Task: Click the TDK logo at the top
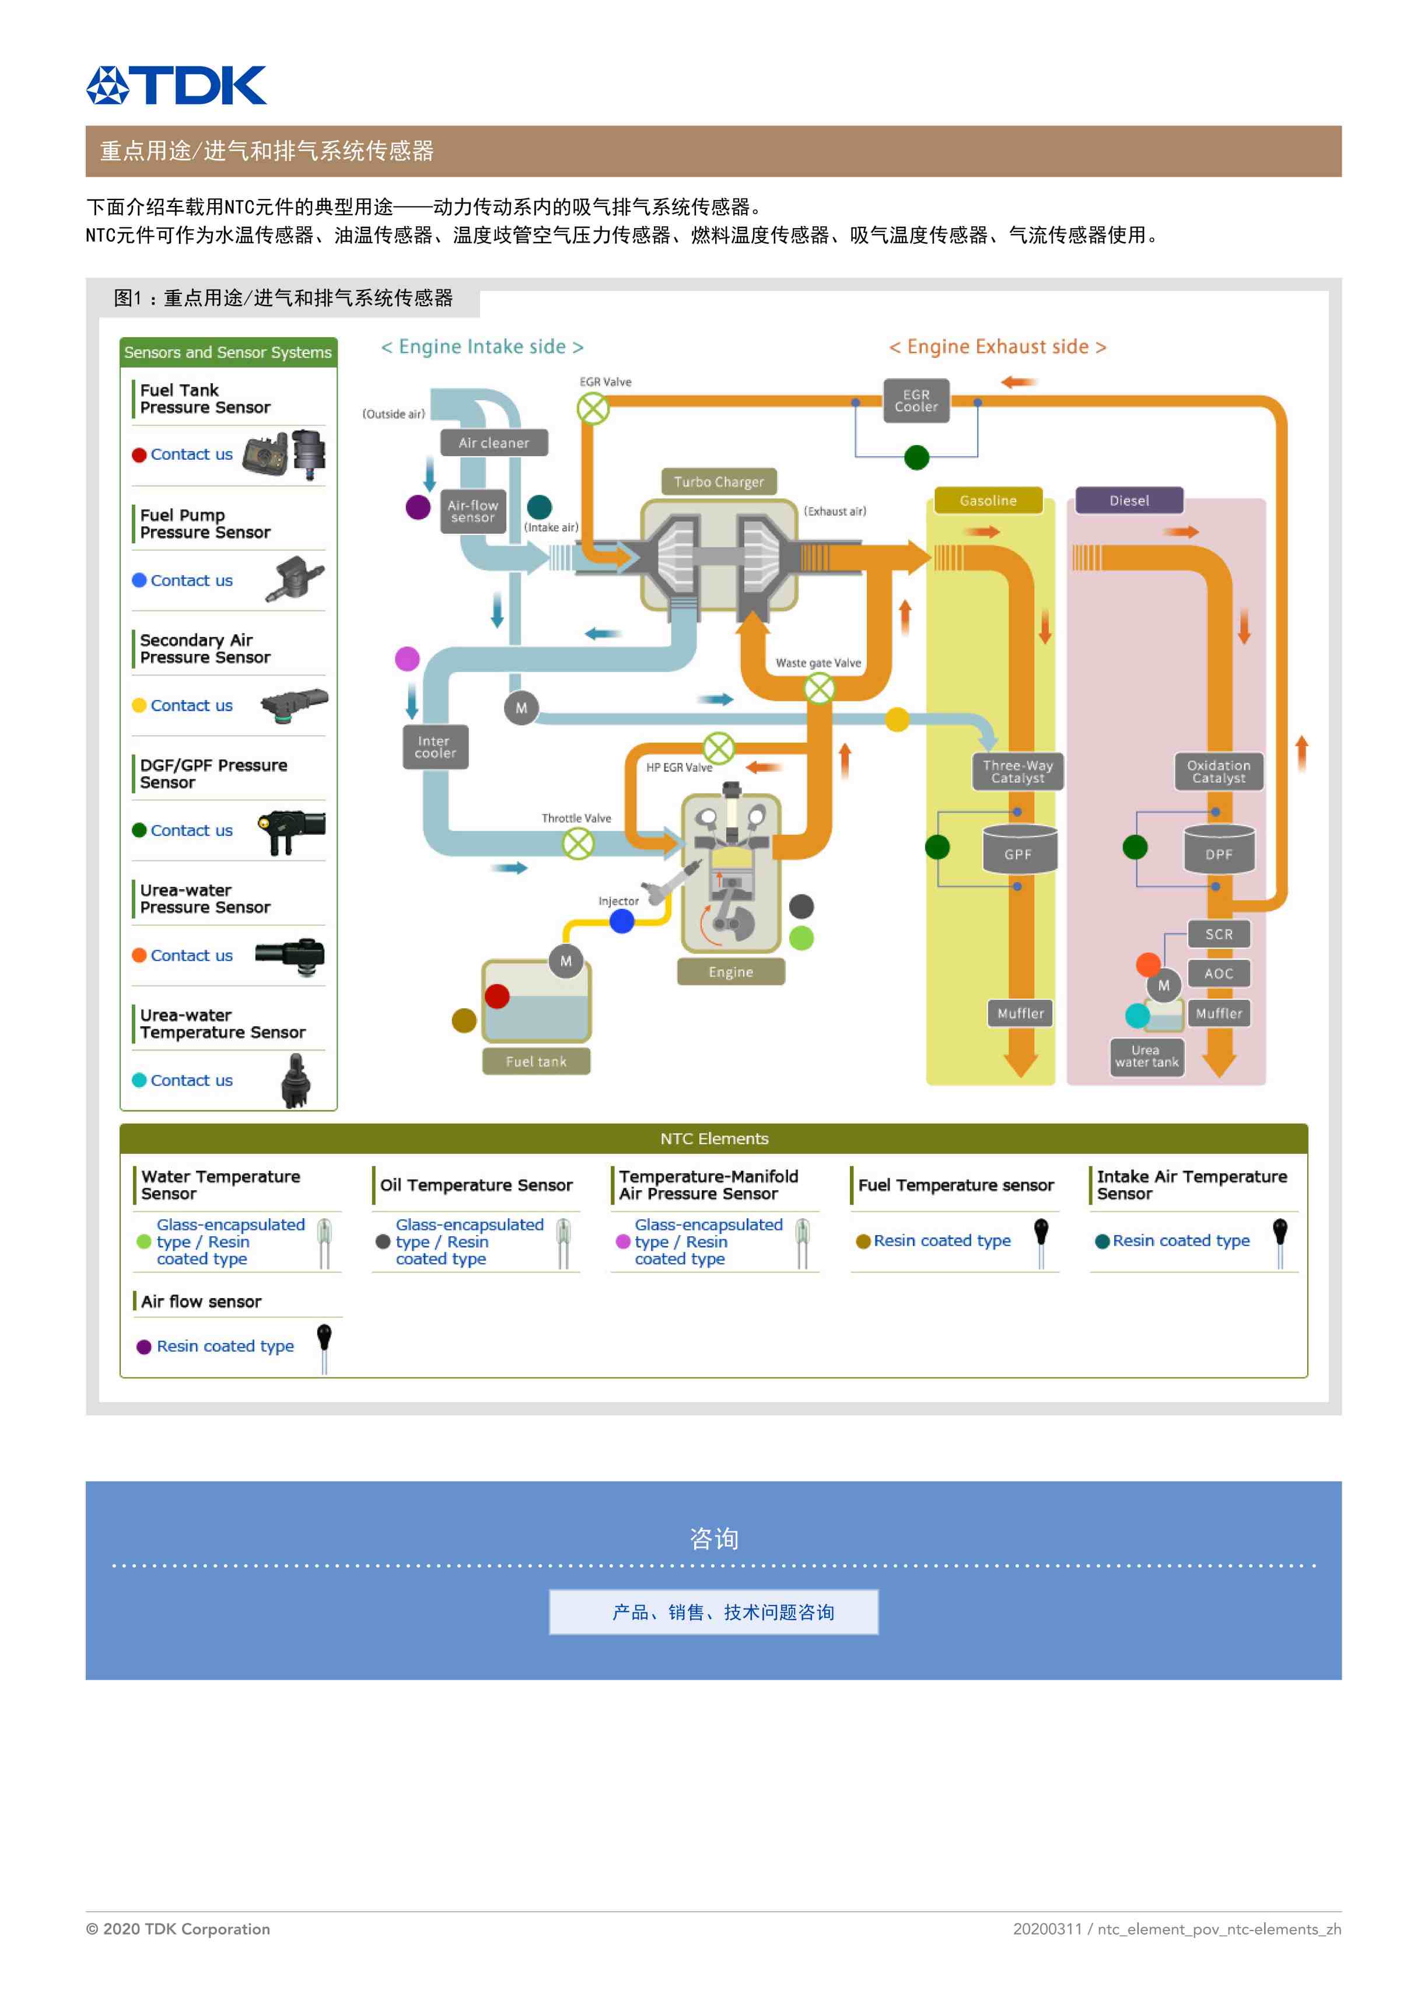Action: coord(176,85)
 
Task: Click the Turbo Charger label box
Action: coord(719,482)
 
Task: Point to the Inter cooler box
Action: coord(435,747)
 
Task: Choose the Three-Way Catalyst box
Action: coord(1017,771)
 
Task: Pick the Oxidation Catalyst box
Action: coord(1218,771)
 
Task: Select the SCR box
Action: coord(1218,934)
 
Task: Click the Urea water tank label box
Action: coord(1147,1056)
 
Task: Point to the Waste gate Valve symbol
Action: coord(818,688)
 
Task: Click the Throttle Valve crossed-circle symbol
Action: coord(577,844)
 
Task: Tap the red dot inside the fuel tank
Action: coord(497,996)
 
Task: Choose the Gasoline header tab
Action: coord(988,501)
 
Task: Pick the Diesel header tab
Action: coord(1129,501)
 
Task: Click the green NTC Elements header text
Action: coord(714,1139)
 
